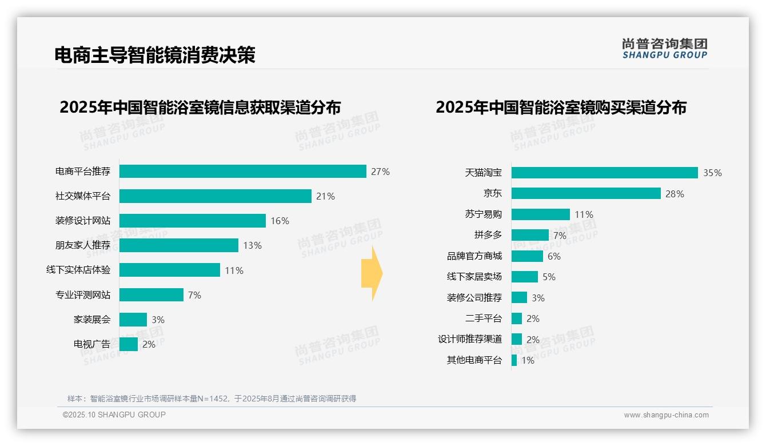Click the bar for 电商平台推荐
(x=242, y=171)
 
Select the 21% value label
(x=325, y=196)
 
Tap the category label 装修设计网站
(x=82, y=221)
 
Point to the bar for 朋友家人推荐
(x=178, y=245)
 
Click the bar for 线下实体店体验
(x=169, y=270)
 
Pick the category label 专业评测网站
(x=82, y=295)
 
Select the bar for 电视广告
(x=129, y=344)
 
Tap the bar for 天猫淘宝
(x=604, y=173)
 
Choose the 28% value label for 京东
(x=675, y=194)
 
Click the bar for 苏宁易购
(x=540, y=214)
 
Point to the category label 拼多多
(x=488, y=235)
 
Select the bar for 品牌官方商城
(x=526, y=256)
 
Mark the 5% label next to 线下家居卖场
(x=549, y=277)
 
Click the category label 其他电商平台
(x=474, y=360)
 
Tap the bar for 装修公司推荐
(x=519, y=297)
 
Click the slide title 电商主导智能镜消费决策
(x=154, y=55)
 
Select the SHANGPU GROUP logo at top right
(x=664, y=49)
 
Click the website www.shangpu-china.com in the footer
(x=666, y=415)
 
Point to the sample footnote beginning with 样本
(x=212, y=399)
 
